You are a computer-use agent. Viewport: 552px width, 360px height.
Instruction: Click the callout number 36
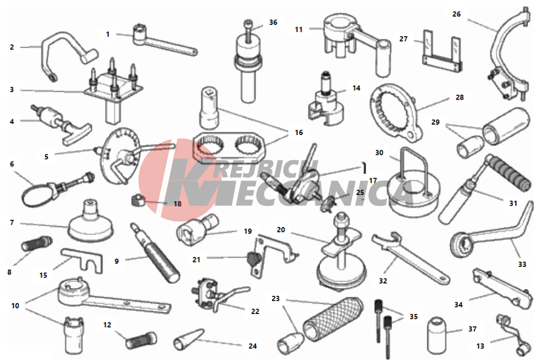(273, 23)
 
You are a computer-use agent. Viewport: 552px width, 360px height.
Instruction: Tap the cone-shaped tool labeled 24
(188, 340)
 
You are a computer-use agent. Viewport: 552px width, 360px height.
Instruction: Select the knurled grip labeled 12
(141, 340)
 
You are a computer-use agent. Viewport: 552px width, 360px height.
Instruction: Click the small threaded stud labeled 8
(37, 243)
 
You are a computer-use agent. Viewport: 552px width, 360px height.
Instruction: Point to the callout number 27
(403, 39)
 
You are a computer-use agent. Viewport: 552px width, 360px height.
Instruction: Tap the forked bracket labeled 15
(82, 260)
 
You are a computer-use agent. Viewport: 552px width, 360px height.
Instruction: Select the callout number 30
(379, 153)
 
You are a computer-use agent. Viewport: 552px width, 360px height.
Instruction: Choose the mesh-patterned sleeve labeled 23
(332, 318)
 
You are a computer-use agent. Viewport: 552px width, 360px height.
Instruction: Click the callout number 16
(299, 133)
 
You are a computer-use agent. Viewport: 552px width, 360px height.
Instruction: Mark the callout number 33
(522, 264)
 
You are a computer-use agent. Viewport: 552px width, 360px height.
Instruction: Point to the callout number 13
(480, 346)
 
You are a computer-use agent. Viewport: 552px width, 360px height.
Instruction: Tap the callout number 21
(196, 260)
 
